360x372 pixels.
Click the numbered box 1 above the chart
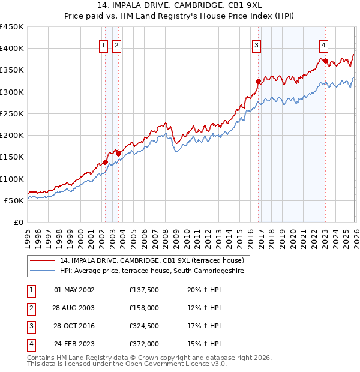(x=104, y=44)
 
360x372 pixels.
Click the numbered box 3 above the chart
(x=256, y=44)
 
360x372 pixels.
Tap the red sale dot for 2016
(x=258, y=81)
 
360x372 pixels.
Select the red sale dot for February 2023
(x=325, y=61)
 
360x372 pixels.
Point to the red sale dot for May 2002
(x=105, y=162)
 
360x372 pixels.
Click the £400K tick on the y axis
(x=13, y=49)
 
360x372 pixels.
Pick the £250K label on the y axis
(x=13, y=113)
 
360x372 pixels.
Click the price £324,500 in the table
(x=143, y=326)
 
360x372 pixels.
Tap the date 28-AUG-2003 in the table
(x=74, y=308)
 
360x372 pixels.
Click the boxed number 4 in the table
(x=31, y=344)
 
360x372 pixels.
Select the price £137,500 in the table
(x=143, y=289)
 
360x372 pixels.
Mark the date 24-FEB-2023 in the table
(x=74, y=344)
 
